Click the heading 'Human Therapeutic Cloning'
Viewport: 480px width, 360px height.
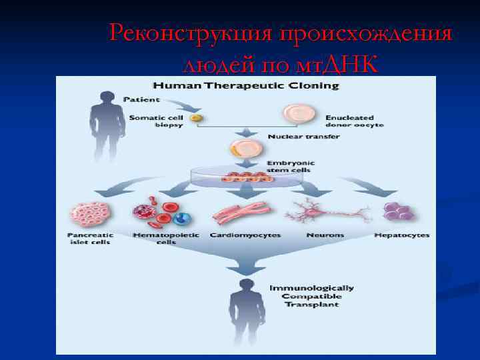(x=246, y=85)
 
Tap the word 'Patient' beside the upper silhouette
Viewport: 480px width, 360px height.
(x=141, y=99)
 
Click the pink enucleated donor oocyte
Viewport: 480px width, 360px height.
(x=297, y=115)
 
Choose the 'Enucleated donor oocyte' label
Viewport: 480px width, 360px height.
(x=355, y=121)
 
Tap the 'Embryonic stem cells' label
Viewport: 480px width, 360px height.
(x=290, y=166)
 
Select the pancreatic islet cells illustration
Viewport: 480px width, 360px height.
(x=89, y=215)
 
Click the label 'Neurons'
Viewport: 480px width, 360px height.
(x=325, y=235)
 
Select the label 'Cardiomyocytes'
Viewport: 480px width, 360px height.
(x=245, y=235)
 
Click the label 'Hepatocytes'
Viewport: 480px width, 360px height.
(x=401, y=235)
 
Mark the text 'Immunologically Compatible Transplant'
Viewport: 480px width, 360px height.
(x=311, y=296)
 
